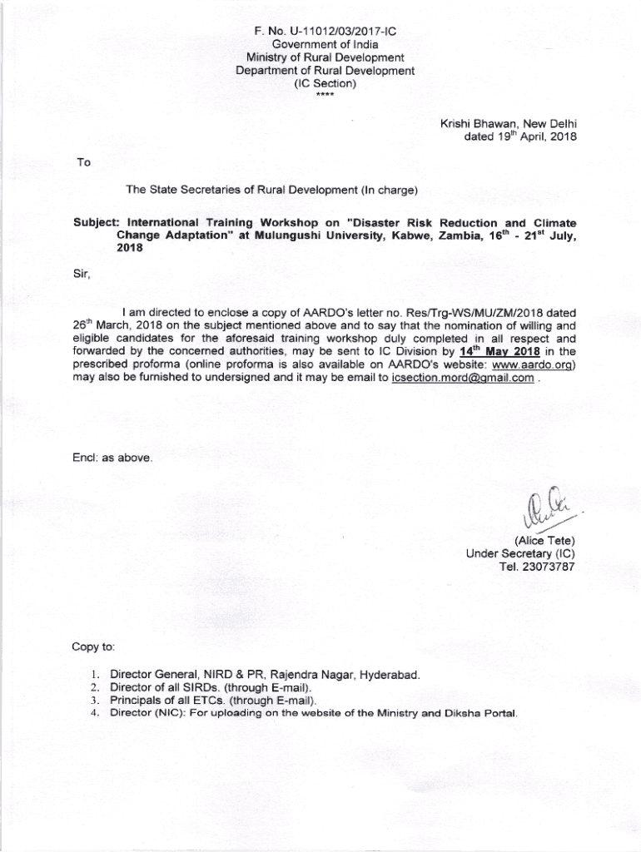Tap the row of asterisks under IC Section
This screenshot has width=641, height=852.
point(324,95)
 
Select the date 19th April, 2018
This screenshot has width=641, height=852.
point(520,137)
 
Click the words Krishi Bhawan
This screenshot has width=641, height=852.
point(478,124)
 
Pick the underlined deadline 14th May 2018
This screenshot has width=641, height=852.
point(500,351)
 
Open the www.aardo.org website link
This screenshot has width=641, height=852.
point(534,364)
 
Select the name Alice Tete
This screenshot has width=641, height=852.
point(545,542)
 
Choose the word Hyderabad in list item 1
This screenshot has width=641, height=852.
point(389,675)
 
